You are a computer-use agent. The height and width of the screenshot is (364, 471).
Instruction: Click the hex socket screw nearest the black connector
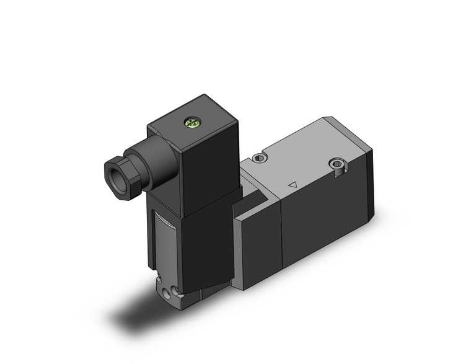click(x=260, y=159)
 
